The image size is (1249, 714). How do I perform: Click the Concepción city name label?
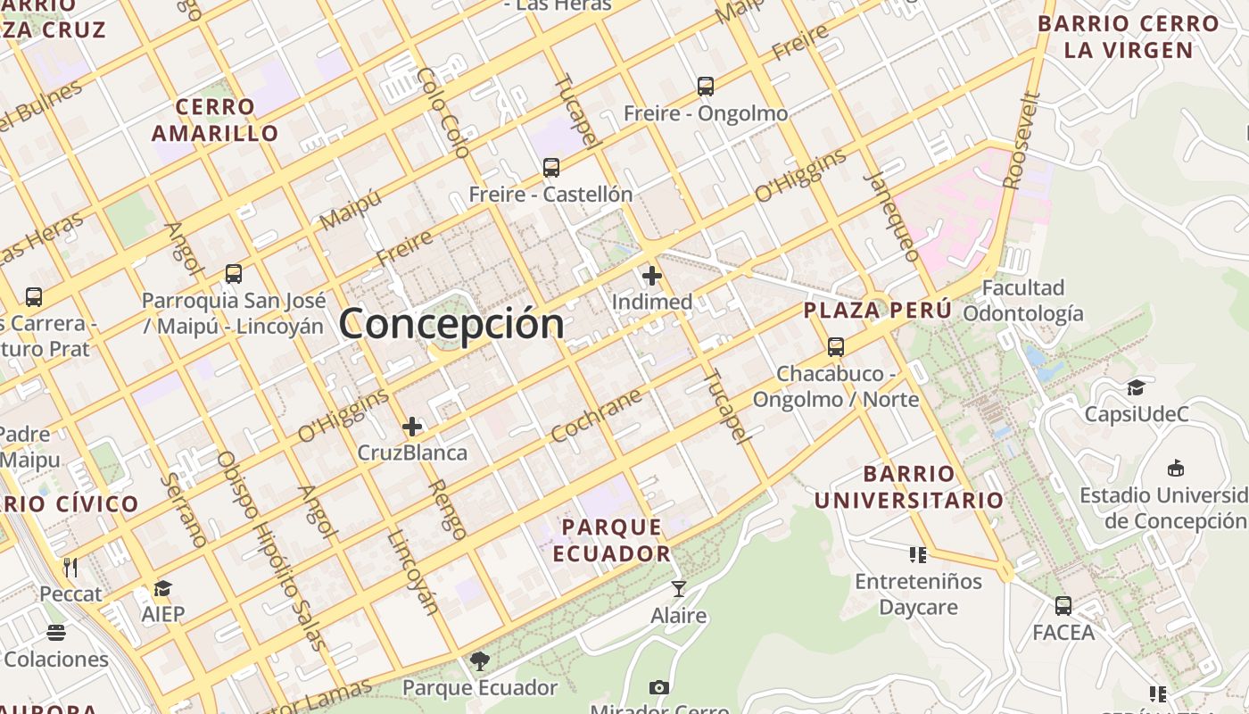click(x=451, y=322)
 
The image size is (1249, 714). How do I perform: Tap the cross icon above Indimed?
click(x=652, y=276)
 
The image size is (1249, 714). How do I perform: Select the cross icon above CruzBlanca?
click(x=411, y=427)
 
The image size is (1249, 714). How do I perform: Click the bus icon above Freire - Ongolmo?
click(x=706, y=87)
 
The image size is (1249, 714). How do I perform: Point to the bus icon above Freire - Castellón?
click(x=551, y=167)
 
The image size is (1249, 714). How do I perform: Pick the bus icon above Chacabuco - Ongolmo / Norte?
click(x=836, y=346)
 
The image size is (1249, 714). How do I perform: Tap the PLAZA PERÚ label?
click(x=878, y=311)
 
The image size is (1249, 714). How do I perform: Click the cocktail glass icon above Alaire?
click(x=679, y=589)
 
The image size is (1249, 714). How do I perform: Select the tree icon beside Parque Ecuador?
click(x=480, y=661)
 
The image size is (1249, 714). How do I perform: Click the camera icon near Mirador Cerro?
click(x=659, y=687)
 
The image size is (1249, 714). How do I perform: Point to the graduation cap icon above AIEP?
click(x=162, y=588)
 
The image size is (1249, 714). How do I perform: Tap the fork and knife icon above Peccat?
click(x=70, y=567)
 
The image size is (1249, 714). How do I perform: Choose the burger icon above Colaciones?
click(x=56, y=633)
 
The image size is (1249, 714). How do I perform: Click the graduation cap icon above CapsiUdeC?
click(x=1136, y=387)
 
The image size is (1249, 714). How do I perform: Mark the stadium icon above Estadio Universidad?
click(x=1176, y=468)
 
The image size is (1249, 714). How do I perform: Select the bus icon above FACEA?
click(x=1063, y=606)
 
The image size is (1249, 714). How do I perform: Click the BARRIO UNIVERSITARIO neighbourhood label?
click(x=909, y=486)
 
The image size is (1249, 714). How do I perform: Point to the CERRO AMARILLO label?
click(x=215, y=120)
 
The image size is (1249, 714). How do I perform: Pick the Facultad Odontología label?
click(x=1023, y=301)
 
